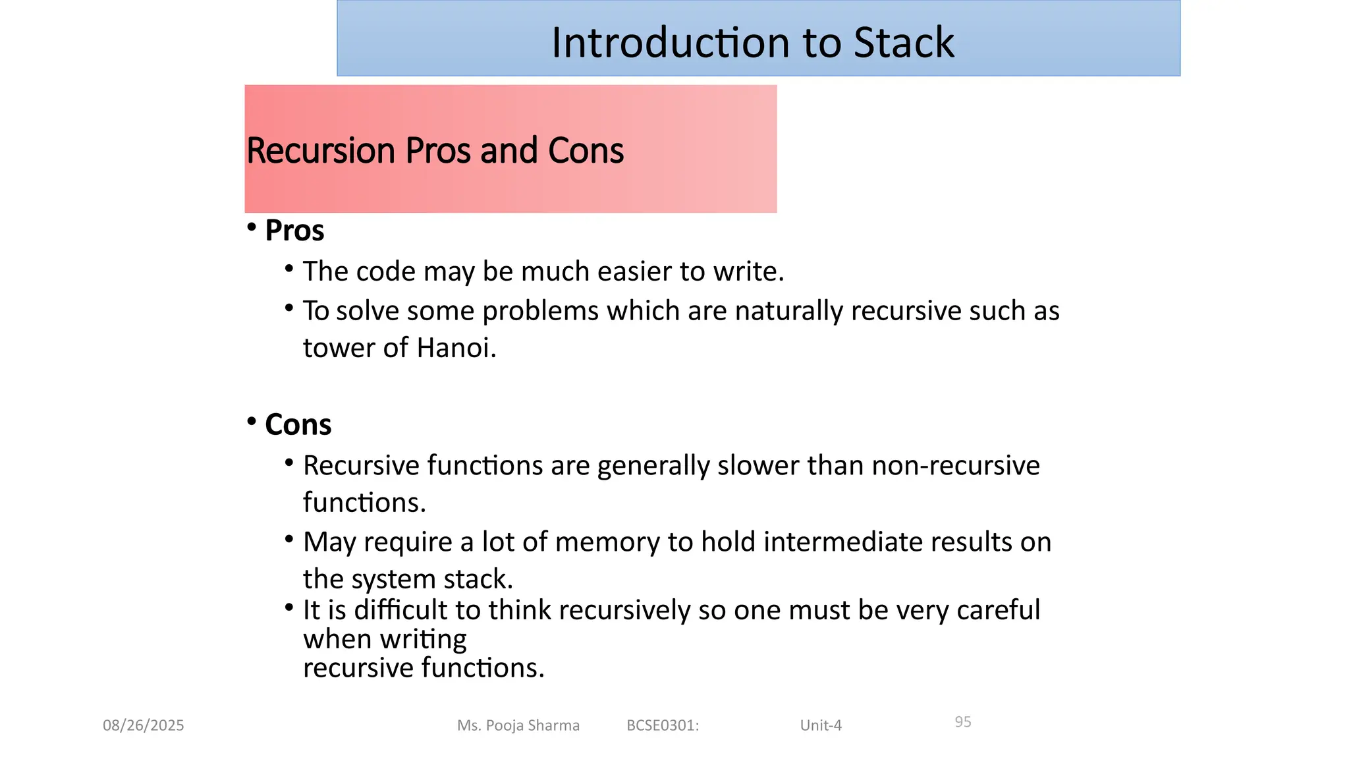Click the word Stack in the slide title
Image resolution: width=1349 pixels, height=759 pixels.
pyautogui.click(x=903, y=43)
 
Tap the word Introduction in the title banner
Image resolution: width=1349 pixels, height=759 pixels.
pyautogui.click(x=670, y=43)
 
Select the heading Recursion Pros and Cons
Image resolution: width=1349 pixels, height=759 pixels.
pyautogui.click(x=435, y=150)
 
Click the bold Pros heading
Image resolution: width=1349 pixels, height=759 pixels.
pyautogui.click(x=294, y=231)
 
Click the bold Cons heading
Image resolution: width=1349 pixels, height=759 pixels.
pyautogui.click(x=298, y=424)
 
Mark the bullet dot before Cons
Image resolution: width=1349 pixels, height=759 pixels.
pyautogui.click(x=252, y=421)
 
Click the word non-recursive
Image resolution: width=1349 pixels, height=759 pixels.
pyautogui.click(x=955, y=466)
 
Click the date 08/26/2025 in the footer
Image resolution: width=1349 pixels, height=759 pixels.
pyautogui.click(x=144, y=725)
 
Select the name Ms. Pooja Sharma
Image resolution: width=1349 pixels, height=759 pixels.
pyautogui.click(x=518, y=725)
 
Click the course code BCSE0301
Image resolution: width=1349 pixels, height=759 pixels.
pyautogui.click(x=662, y=725)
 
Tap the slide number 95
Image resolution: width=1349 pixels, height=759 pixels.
pyautogui.click(x=963, y=722)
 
